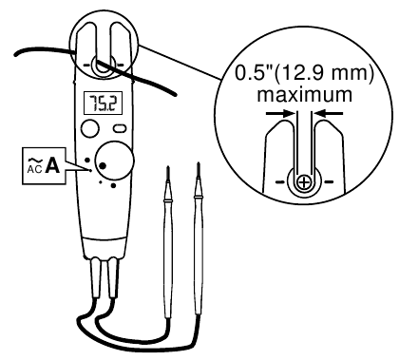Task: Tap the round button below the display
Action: coord(90,127)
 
